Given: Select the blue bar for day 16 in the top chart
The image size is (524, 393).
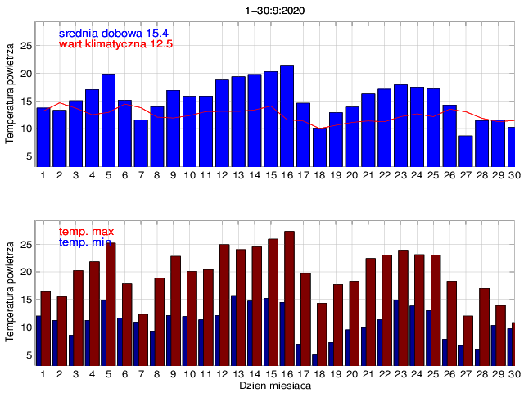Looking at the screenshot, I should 287,115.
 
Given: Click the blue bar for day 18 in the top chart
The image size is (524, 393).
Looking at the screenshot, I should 319,147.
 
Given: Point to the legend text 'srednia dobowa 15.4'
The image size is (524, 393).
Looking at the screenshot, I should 112,32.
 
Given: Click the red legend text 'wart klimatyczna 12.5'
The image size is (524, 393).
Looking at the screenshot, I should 115,43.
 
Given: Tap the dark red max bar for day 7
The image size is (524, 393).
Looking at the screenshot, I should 143,339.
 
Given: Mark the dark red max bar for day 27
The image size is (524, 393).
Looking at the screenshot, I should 468,340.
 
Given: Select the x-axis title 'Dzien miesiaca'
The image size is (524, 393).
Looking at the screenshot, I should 275,384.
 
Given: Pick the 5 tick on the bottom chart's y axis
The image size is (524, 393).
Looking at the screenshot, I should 28,355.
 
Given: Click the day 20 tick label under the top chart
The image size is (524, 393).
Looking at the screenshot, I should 351,175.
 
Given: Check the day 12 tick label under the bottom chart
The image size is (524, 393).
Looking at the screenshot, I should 222,373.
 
